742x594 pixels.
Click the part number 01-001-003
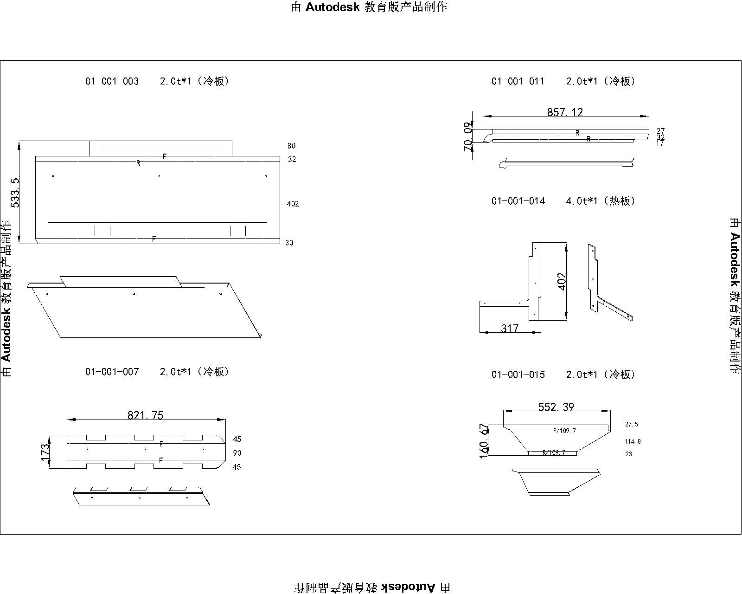[x=112, y=81]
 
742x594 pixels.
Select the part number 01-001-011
[x=518, y=81]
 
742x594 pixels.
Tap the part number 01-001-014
[x=518, y=201]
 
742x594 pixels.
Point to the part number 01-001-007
[x=112, y=372]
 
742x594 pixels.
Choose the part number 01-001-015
[x=518, y=374]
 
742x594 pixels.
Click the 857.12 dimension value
[x=565, y=112]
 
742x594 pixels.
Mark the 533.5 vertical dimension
[x=16, y=192]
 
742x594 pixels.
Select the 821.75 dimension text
[x=146, y=415]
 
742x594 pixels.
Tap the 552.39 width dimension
[x=556, y=407]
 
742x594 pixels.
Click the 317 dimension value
[x=510, y=329]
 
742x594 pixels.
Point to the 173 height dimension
[x=45, y=452]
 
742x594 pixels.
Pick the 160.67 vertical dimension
[x=484, y=440]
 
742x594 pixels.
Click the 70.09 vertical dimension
[x=468, y=136]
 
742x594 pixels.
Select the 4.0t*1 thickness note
[x=582, y=201]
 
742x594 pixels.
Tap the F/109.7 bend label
[x=564, y=431]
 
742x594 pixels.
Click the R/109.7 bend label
[x=554, y=452]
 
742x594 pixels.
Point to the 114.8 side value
[x=633, y=441]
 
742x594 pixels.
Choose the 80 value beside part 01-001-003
[x=291, y=146]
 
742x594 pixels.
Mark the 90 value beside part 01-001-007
[x=237, y=453]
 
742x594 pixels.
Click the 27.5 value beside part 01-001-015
[x=632, y=424]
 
